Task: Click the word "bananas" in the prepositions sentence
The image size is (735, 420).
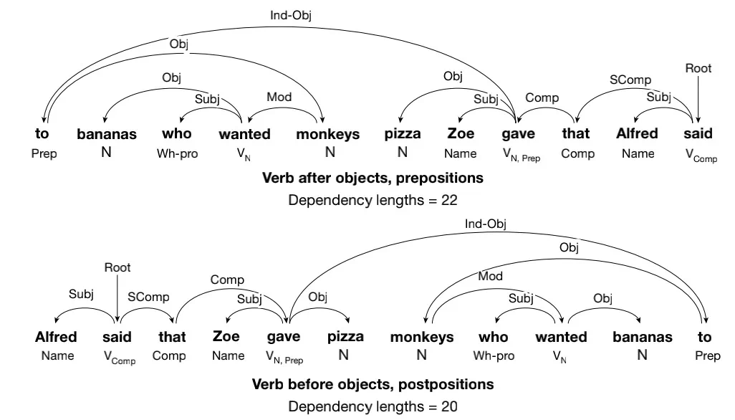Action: pos(106,134)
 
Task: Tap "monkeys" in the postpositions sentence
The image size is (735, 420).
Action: pos(422,337)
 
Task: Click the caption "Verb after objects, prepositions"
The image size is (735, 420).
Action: pos(373,177)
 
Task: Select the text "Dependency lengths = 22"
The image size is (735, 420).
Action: pos(373,200)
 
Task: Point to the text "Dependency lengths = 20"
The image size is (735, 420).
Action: pos(373,406)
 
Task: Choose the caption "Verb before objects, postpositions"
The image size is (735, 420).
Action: pos(373,384)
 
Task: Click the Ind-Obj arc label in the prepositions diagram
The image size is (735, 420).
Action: pos(290,14)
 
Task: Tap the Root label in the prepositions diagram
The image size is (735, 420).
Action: pos(698,68)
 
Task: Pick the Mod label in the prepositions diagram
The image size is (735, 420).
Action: pos(279,97)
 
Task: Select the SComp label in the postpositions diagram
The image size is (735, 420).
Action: pos(148,297)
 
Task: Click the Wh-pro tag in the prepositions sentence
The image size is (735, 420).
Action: pos(177,153)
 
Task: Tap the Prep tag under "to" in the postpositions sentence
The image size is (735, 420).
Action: pos(707,355)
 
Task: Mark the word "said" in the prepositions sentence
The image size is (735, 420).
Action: pos(698,133)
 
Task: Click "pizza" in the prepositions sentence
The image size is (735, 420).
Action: pos(402,133)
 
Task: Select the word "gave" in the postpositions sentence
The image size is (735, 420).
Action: pos(284,337)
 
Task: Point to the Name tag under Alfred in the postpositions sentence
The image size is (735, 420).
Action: pos(57,355)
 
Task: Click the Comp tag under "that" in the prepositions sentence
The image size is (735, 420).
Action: pos(577,153)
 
